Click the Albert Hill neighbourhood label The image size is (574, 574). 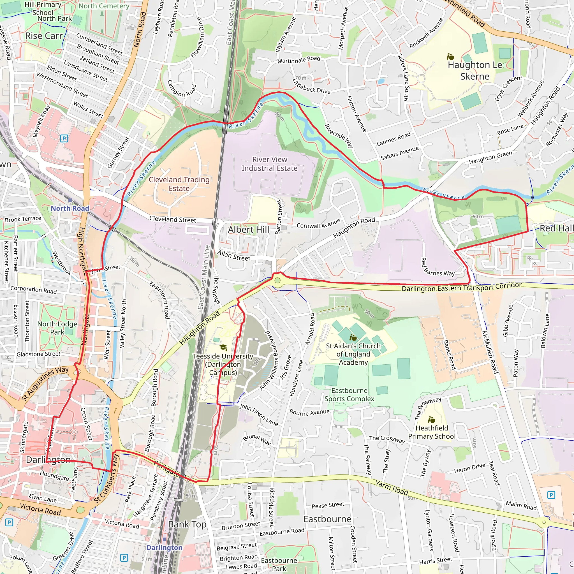(x=248, y=230)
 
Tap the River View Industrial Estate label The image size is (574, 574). (x=269, y=164)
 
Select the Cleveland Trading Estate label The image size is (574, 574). (x=179, y=184)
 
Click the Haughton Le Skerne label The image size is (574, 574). (x=475, y=71)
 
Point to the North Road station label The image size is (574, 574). (x=70, y=209)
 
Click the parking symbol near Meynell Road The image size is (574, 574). (x=64, y=138)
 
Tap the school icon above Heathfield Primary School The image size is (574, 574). (x=431, y=420)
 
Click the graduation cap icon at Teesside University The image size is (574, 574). (x=223, y=348)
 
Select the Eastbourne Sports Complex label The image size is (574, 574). (x=350, y=395)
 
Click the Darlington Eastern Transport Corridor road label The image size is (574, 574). (x=461, y=287)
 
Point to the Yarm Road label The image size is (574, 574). (x=392, y=488)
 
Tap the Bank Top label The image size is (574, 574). (x=187, y=524)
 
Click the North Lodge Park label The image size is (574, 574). (x=57, y=328)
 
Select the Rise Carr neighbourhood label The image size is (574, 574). (x=44, y=36)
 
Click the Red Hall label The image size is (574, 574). (x=556, y=228)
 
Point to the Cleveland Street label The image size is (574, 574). (x=173, y=219)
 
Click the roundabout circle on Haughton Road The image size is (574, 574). (x=277, y=280)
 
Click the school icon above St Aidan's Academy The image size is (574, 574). (x=353, y=337)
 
